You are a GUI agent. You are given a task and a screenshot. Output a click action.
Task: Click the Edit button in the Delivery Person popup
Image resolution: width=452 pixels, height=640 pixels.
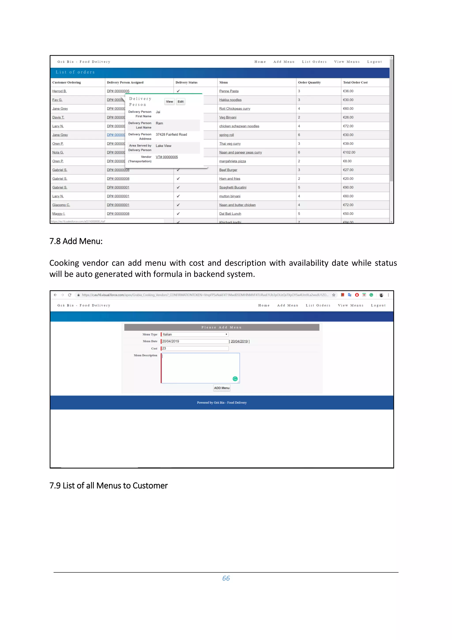pyautogui.click(x=181, y=101)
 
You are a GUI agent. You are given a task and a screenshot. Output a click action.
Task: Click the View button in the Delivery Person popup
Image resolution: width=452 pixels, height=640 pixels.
pyautogui.click(x=169, y=101)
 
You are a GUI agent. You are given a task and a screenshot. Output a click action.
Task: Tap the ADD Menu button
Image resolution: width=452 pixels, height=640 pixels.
pyautogui.click(x=222, y=388)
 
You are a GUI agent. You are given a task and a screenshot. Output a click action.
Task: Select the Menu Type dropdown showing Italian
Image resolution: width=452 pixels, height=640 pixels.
pyautogui.click(x=195, y=334)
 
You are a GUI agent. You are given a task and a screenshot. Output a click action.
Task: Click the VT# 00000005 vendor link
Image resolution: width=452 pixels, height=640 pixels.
pyautogui.click(x=167, y=157)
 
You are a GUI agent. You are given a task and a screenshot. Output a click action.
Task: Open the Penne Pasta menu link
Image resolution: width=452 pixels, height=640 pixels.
pyautogui.click(x=229, y=91)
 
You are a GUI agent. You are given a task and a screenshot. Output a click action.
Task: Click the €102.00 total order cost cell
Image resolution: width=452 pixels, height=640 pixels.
pyautogui.click(x=349, y=152)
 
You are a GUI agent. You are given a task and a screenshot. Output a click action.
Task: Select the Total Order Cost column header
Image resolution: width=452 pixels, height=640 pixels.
pyautogui.click(x=355, y=83)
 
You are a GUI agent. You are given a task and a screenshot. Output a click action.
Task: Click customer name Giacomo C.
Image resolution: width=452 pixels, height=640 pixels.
pyautogui.click(x=61, y=205)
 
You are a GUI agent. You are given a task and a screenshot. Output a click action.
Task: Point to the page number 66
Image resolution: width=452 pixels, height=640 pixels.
pyautogui.click(x=226, y=578)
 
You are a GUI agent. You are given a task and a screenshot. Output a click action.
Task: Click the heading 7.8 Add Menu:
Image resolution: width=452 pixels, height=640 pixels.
pyautogui.click(x=76, y=241)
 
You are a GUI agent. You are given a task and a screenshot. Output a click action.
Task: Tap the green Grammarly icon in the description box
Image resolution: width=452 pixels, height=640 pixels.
pyautogui.click(x=235, y=379)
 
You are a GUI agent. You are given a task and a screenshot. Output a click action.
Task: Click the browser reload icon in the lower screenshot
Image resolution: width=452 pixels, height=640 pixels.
pyautogui.click(x=70, y=295)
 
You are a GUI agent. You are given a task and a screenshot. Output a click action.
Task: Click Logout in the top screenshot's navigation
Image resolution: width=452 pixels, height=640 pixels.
pyautogui.click(x=374, y=62)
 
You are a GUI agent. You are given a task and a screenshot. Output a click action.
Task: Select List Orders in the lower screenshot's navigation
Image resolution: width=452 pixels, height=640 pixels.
pyautogui.click(x=318, y=305)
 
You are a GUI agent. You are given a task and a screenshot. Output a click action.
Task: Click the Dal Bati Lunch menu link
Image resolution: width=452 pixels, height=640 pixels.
pyautogui.click(x=230, y=214)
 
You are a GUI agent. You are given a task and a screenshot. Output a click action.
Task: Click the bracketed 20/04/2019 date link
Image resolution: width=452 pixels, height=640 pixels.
pyautogui.click(x=239, y=341)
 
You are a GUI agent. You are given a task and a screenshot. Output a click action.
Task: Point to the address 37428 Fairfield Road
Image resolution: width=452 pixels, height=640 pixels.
pyautogui.click(x=171, y=134)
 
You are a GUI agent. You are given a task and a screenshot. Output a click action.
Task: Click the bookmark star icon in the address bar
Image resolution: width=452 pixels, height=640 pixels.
pyautogui.click(x=334, y=295)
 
